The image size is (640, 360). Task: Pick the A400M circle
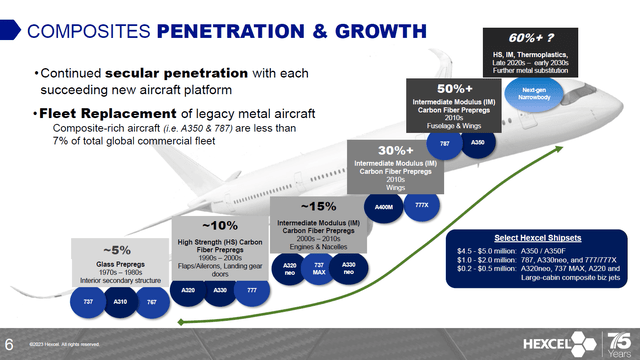(383, 207)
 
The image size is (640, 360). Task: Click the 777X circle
(420, 207)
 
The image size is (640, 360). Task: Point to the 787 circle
(444, 143)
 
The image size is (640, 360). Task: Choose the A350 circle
(478, 143)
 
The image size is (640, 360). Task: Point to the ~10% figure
(220, 225)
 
